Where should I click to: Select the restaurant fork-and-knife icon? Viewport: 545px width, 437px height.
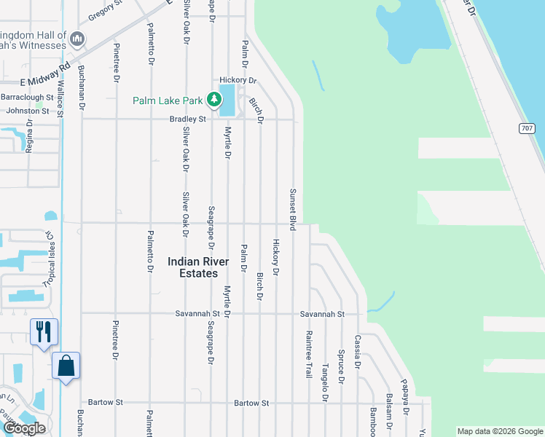click(44, 332)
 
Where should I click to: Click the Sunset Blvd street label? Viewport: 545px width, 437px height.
click(293, 210)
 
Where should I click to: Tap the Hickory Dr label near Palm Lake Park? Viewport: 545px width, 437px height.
click(238, 80)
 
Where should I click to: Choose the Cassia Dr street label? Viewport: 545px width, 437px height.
click(357, 352)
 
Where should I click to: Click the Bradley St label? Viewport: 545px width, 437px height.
click(188, 119)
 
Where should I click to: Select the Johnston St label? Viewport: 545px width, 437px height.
click(27, 111)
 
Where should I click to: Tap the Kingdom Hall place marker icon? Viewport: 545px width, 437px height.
click(78, 39)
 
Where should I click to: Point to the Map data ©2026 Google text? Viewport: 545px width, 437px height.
click(499, 431)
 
